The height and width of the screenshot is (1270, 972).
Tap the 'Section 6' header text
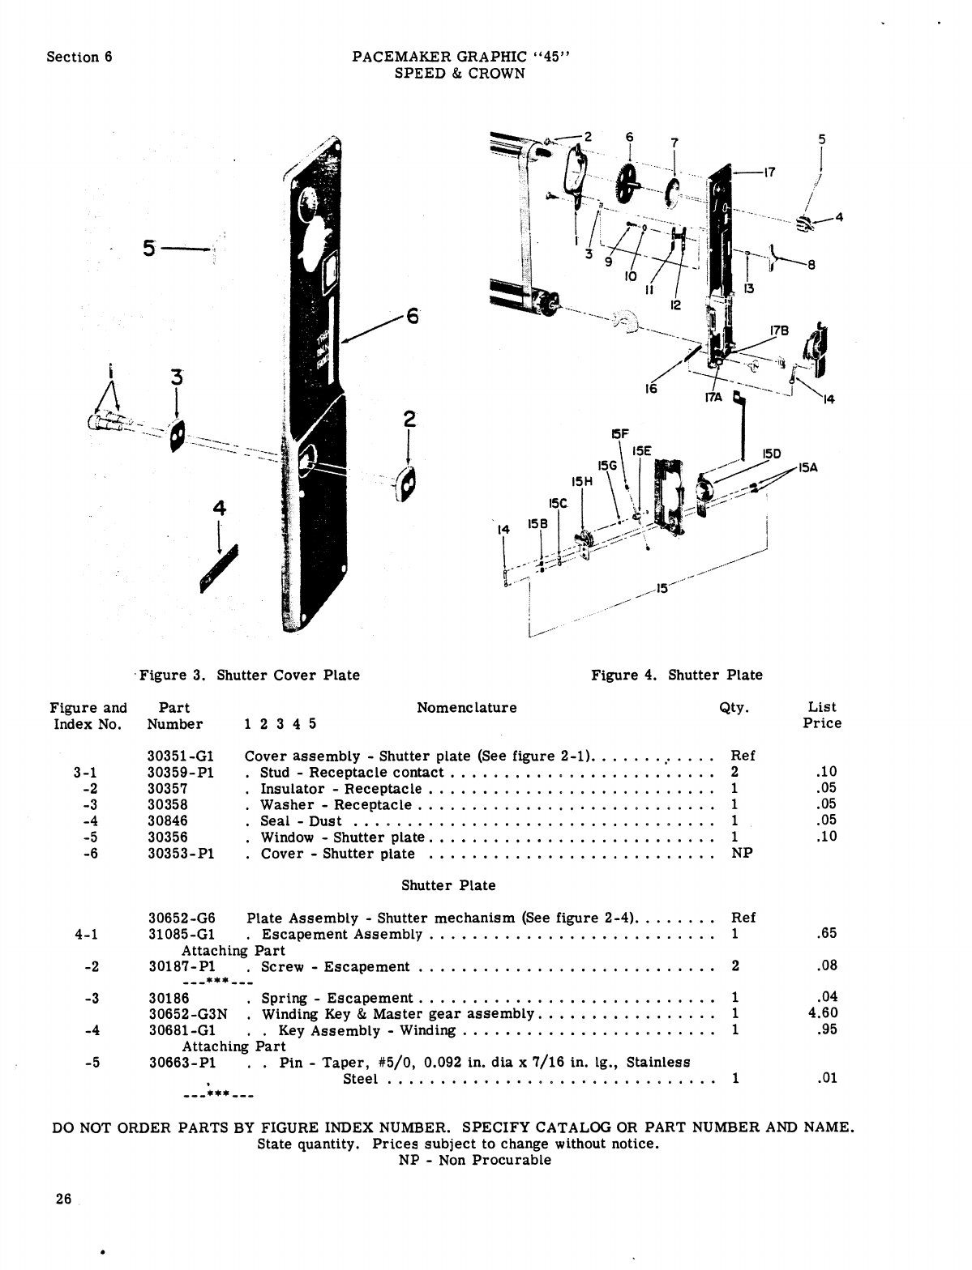coord(79,57)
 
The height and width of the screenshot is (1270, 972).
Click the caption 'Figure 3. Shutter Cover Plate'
coord(249,675)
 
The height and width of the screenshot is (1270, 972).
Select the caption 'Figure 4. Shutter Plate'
coord(676,675)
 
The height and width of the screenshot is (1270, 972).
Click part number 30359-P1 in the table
coord(180,772)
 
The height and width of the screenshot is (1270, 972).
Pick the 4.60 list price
coord(822,1012)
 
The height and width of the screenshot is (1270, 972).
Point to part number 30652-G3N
coord(188,1013)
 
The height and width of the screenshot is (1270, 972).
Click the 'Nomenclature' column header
coord(466,707)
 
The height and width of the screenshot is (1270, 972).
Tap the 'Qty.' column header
coord(734,707)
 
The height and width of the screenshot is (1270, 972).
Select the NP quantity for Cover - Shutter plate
coord(742,853)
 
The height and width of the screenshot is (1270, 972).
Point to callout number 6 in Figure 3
coord(412,316)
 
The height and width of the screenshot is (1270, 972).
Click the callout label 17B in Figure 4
coord(779,330)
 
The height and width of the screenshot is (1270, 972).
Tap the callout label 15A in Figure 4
coord(807,467)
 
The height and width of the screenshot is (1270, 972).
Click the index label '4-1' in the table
coord(86,934)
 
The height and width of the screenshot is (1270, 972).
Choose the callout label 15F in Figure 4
coord(620,435)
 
